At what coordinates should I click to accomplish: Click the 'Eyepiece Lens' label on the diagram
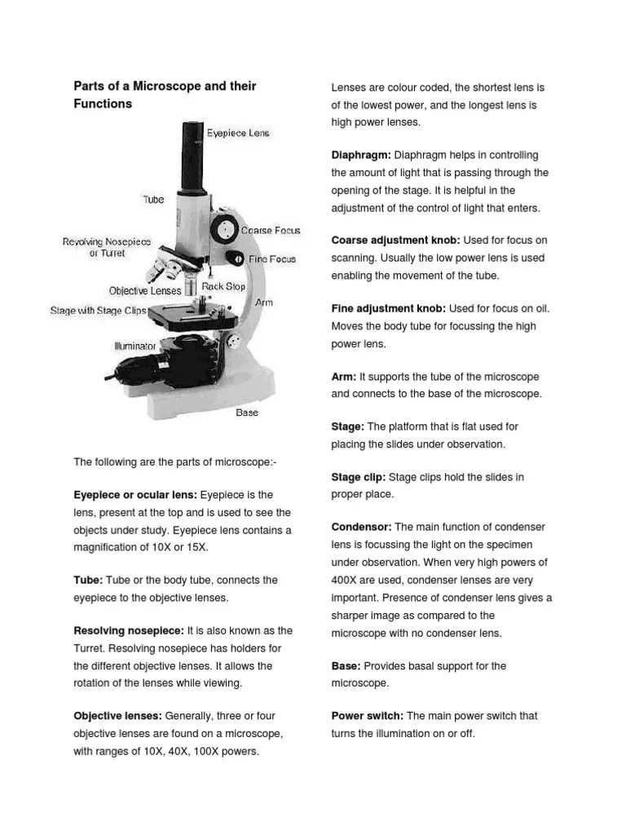237,133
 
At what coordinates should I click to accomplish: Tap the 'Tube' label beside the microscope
153,199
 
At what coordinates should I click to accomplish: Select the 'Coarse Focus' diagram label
271,231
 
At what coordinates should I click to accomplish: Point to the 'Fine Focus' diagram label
272,259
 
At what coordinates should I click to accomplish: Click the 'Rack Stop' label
224,287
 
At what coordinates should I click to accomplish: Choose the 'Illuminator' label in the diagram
134,347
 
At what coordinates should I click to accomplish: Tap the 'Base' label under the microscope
247,413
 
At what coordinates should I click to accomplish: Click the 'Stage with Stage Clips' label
98,311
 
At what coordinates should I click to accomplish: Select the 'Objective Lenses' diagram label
145,290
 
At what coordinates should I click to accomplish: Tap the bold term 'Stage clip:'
359,477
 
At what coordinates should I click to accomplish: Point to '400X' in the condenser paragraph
346,581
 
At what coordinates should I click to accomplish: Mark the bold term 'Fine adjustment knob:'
388,309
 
